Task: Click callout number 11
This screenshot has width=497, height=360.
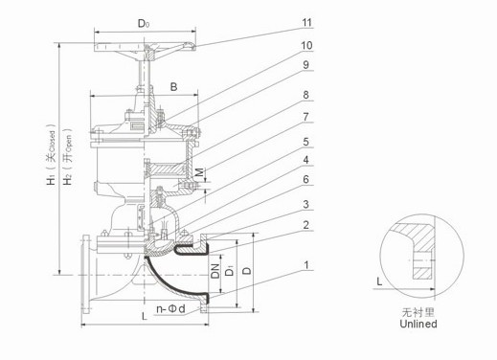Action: pos(306,23)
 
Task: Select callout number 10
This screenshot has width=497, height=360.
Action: pos(306,46)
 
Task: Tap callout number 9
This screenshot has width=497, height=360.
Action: pos(305,65)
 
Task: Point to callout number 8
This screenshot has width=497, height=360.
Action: pos(305,95)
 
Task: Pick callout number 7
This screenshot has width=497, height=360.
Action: pos(305,117)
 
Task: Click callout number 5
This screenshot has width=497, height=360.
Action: pos(305,142)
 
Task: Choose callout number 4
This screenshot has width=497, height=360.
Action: pos(305,160)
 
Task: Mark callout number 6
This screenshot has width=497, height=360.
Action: pos(305,179)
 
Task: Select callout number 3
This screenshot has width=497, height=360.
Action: pos(305,204)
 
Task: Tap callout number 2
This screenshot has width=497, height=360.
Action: pos(305,225)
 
